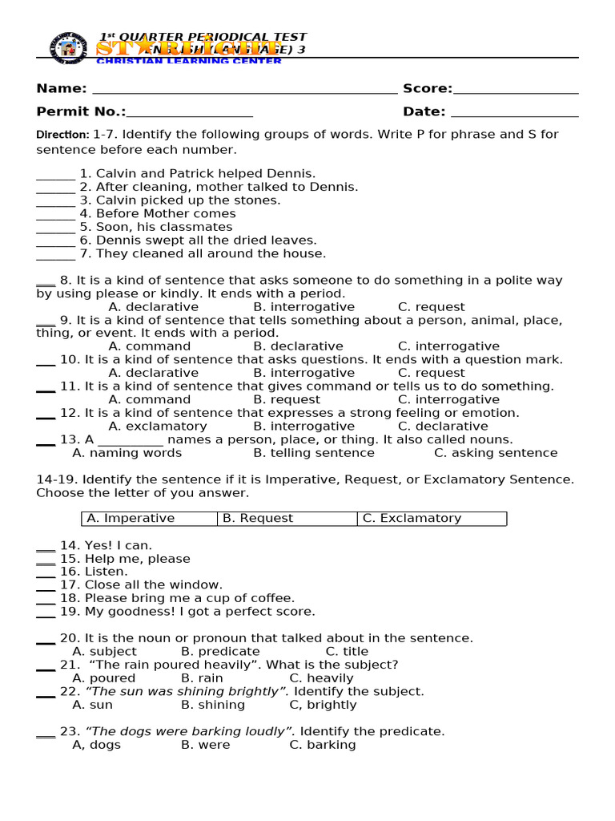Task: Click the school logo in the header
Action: click(x=68, y=47)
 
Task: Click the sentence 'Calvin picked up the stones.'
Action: click(x=188, y=200)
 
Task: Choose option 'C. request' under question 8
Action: click(x=431, y=307)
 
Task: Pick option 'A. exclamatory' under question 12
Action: click(x=157, y=426)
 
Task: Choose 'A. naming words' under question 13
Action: click(x=127, y=453)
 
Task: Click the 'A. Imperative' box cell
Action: click(x=149, y=519)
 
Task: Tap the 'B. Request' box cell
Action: click(x=287, y=519)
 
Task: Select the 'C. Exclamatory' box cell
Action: click(x=432, y=519)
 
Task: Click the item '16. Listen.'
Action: click(x=93, y=572)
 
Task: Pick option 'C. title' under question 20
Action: click(x=347, y=652)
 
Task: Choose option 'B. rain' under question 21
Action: click(x=202, y=678)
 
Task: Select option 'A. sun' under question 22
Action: click(x=92, y=705)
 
